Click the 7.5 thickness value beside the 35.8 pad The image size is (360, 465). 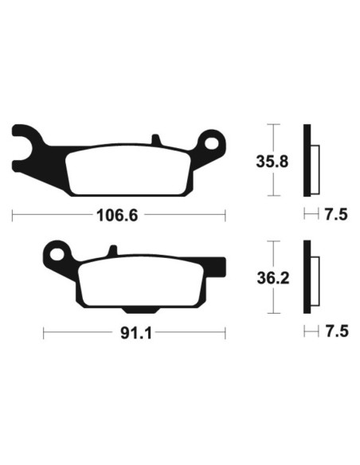pos(334,214)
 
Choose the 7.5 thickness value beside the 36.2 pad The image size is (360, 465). pos(334,332)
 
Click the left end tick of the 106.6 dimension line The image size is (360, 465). pos(14,214)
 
